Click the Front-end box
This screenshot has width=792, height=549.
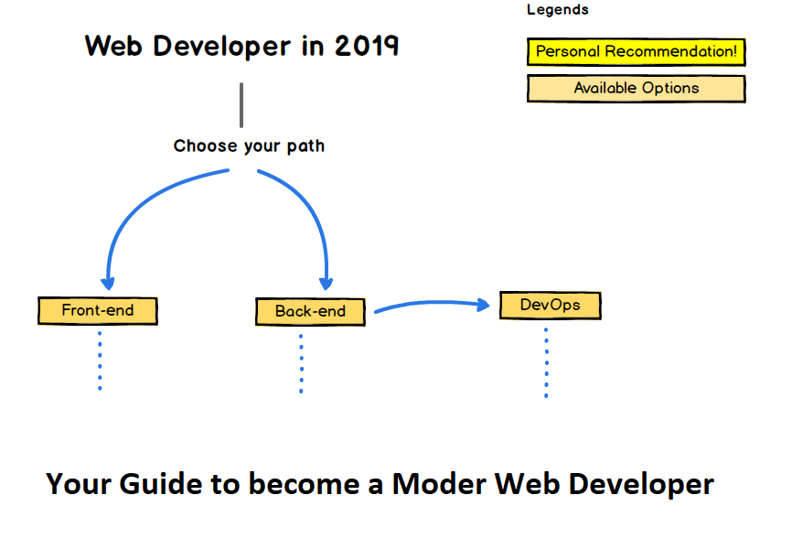point(98,310)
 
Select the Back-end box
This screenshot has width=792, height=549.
point(310,311)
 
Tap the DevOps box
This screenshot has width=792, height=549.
point(550,305)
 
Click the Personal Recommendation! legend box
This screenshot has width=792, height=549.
point(636,51)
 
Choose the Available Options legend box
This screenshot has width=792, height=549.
point(636,89)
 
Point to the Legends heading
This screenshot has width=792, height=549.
point(557,10)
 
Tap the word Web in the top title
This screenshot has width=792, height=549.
point(114,46)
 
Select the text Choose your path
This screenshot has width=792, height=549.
point(249,145)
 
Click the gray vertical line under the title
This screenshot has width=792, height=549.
point(241,104)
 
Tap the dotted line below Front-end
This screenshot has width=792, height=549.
point(99,361)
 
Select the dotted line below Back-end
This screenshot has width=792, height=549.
point(301,363)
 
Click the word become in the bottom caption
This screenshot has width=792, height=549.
point(305,483)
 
